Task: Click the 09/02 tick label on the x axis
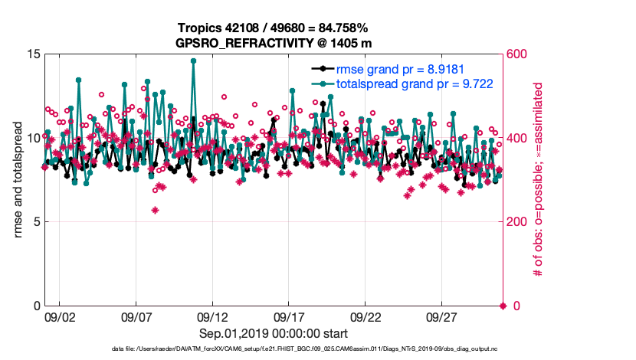(59, 316)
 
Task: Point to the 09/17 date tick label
(289, 316)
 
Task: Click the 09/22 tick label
(366, 316)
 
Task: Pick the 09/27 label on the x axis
(442, 316)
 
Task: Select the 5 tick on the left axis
(35, 222)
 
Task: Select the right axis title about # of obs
(538, 180)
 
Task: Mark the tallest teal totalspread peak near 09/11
(193, 61)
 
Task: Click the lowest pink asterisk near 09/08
(155, 210)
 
